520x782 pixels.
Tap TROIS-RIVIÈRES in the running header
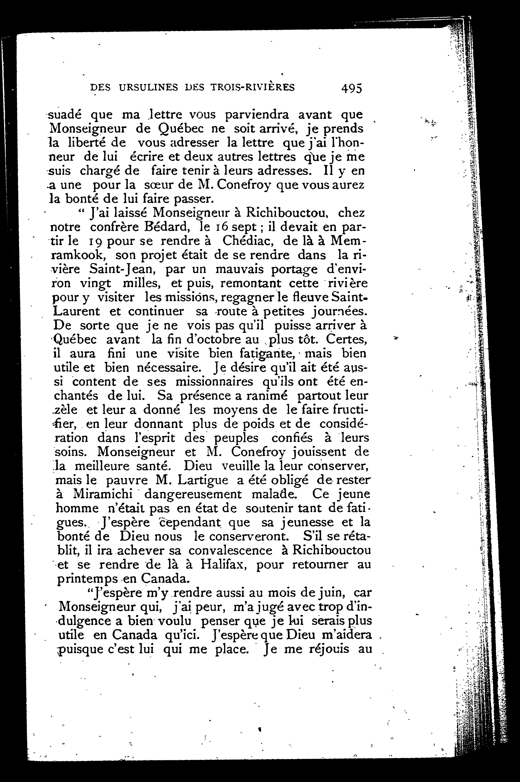pos(252,88)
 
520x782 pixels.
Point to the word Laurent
pos(77,311)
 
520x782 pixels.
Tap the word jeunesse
pos(306,523)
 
